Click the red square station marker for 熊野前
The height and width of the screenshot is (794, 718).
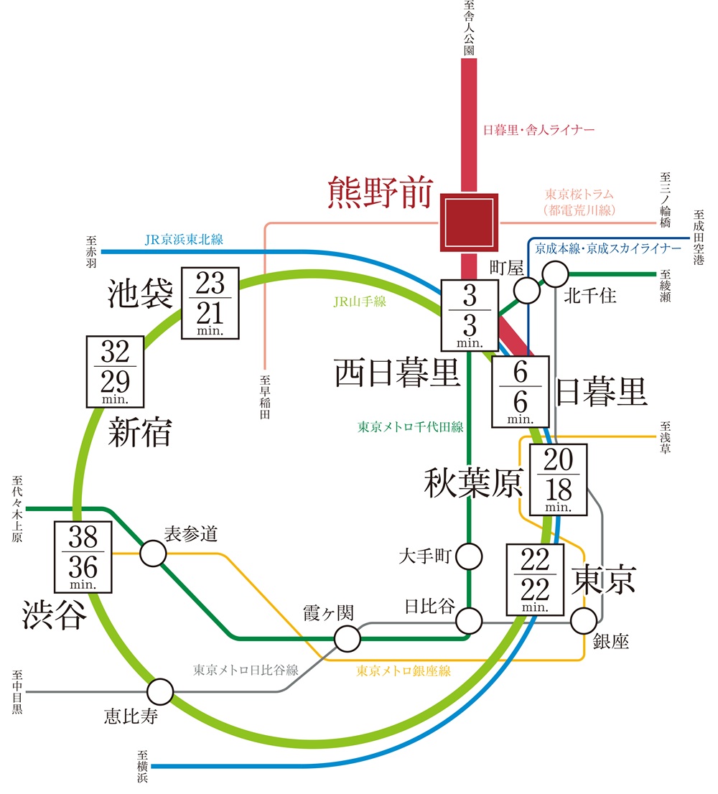pos(468,223)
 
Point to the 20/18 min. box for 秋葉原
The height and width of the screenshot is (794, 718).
pos(557,479)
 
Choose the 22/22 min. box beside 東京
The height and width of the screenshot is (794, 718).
pos(536,579)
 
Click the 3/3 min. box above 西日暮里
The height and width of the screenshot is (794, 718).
pos(467,316)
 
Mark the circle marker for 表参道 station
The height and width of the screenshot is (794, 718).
pos(153,553)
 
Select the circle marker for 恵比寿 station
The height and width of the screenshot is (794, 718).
pos(160,692)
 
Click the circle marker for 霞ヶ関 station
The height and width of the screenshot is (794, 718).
pos(347,637)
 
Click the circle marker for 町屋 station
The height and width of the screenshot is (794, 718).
pos(528,291)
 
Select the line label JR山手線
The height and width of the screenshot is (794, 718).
pos(360,302)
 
